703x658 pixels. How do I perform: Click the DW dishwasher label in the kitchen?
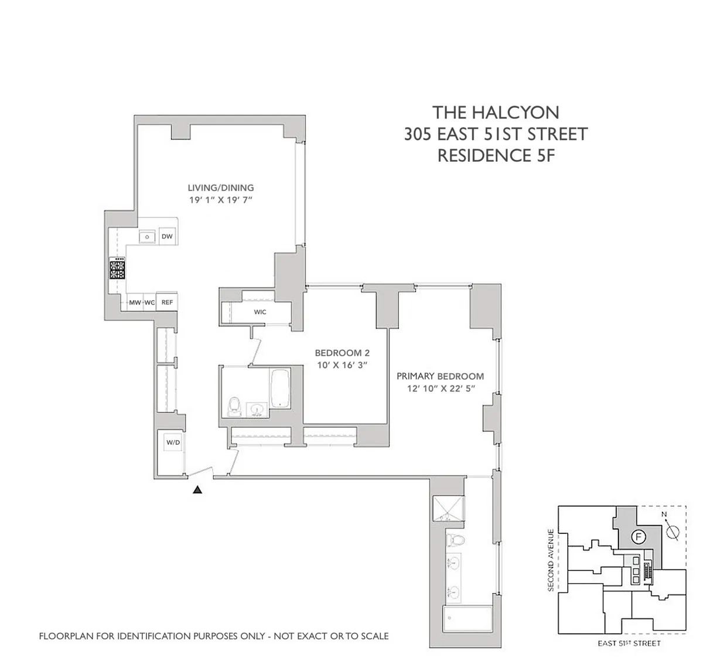[x=168, y=237]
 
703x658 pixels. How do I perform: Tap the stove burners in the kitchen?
[x=117, y=270]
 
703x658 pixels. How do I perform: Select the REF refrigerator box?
[x=168, y=302]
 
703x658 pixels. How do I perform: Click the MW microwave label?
[x=135, y=302]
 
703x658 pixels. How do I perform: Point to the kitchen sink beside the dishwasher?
[x=146, y=237]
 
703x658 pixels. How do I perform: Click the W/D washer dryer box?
[x=173, y=443]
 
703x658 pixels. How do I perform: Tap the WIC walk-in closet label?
[x=260, y=312]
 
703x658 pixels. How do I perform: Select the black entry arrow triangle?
[x=198, y=490]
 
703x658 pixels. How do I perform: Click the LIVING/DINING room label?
[x=221, y=188]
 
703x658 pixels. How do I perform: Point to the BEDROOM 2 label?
[x=342, y=353]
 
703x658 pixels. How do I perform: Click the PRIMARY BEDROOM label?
[x=440, y=376]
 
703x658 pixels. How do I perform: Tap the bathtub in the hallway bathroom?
[x=281, y=388]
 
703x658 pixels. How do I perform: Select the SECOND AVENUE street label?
[x=551, y=560]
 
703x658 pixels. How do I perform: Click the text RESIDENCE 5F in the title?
[x=496, y=156]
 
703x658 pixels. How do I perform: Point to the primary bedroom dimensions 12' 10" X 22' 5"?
[x=440, y=388]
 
